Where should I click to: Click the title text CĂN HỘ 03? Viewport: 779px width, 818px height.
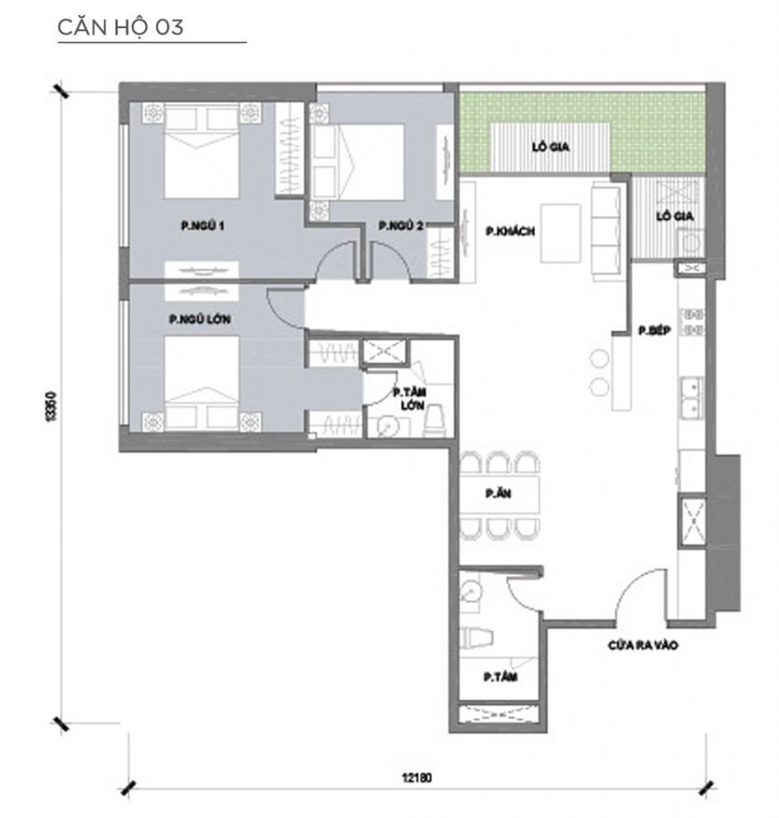pos(121,27)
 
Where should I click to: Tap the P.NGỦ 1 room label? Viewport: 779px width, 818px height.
pos(201,226)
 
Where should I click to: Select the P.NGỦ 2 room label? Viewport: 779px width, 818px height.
pos(400,226)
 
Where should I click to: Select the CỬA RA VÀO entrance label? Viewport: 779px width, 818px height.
pos(642,646)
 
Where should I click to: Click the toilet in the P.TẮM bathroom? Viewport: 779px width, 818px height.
pos(479,637)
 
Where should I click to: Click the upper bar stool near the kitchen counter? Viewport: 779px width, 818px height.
pos(598,357)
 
